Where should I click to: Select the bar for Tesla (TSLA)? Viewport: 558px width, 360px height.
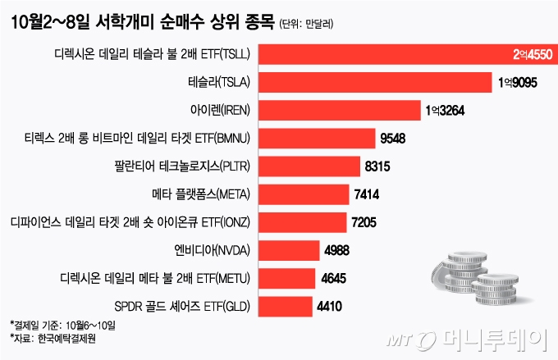coord(377,84)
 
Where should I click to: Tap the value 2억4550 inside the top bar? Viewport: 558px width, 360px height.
coord(527,56)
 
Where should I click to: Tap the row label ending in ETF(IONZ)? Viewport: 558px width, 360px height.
coord(135,223)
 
